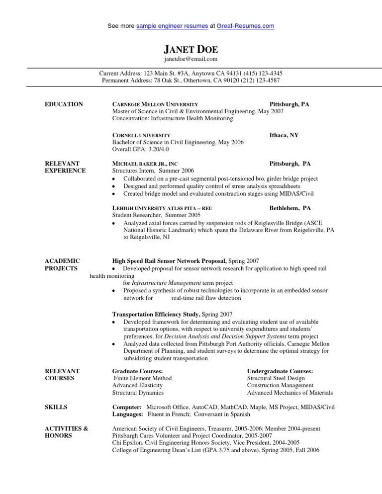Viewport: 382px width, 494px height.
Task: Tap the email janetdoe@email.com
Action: coord(191,59)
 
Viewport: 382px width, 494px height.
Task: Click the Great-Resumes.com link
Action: coord(245,25)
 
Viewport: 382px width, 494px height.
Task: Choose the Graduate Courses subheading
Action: coord(138,371)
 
